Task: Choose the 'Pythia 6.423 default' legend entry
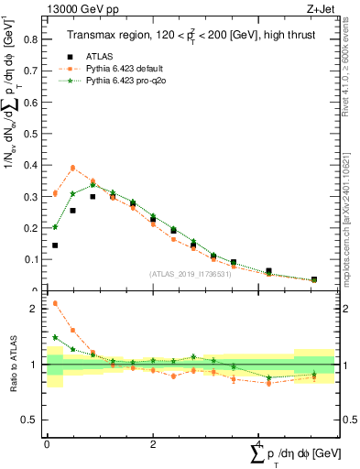point(127,68)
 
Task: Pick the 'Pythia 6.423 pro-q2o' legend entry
point(129,81)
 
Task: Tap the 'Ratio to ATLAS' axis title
point(13,365)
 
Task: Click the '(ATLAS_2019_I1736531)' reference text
point(189,274)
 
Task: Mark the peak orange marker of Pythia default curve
point(73,168)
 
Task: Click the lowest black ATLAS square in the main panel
point(314,279)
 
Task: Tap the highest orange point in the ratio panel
point(55,303)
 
